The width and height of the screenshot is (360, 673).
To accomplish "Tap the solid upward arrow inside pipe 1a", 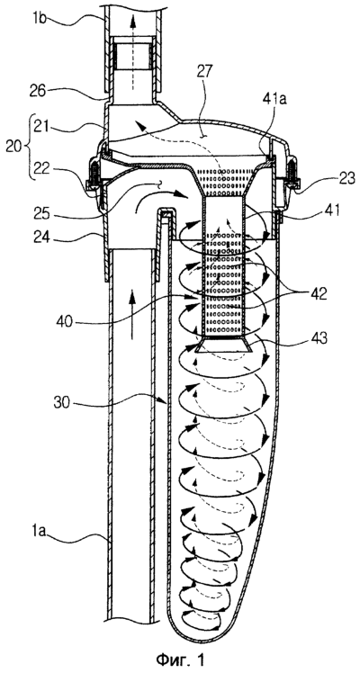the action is click(x=131, y=315).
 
